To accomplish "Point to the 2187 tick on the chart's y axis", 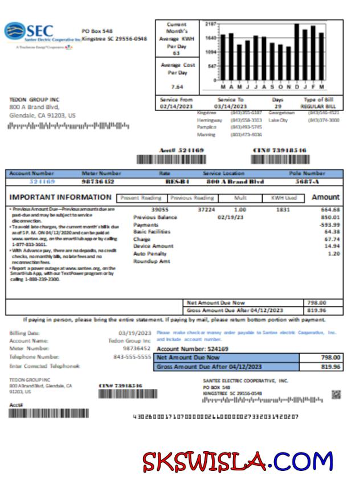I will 210,24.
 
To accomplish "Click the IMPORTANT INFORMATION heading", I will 61,198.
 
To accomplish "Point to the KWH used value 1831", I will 282,210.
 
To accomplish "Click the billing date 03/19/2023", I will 134,333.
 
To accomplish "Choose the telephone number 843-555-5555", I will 132,356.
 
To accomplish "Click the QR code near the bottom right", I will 336,395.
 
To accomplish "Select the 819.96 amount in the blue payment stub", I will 330,367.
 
